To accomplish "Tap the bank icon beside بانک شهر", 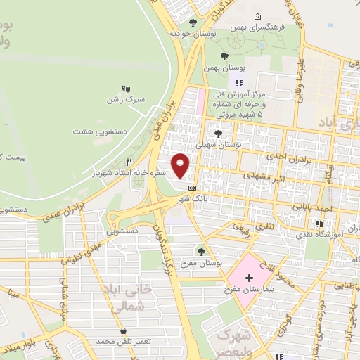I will [x=192, y=188].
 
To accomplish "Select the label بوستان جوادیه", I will [x=188, y=33].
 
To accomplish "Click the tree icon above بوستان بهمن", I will [x=224, y=56].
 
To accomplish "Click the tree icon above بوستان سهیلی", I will [x=218, y=131].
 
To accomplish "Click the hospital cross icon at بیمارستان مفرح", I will [x=248, y=278].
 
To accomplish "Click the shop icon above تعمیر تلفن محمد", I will [x=124, y=330].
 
